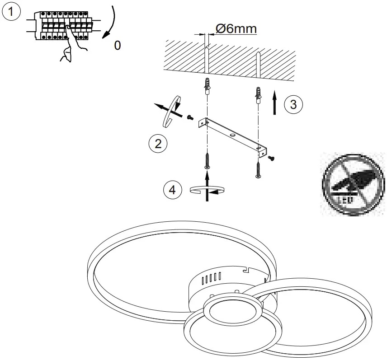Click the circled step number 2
tap(158, 144)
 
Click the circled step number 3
tap(293, 104)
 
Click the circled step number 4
tap(172, 190)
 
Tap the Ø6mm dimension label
tap(236, 28)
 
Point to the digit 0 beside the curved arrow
tap(118, 46)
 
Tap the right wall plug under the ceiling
tap(258, 95)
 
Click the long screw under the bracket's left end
tap(207, 160)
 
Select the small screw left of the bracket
tap(190, 117)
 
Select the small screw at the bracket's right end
tap(271, 158)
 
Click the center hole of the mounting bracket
tap(232, 136)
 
